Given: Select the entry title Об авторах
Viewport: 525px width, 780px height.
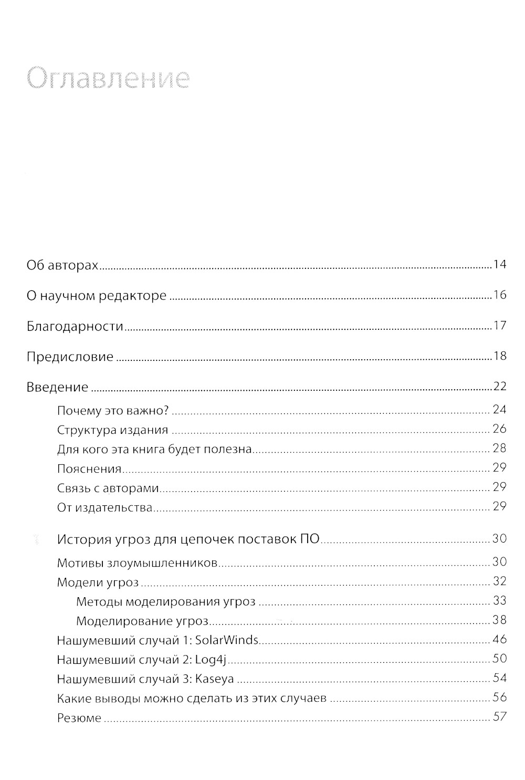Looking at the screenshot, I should coord(62,266).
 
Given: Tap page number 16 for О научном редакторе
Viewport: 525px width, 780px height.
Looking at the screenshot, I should coord(499,295).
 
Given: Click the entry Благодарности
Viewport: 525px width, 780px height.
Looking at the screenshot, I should coord(75,327).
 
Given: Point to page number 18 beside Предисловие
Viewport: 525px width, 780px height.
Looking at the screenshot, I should coord(499,356).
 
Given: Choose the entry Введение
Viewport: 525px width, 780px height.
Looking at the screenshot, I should coord(57,388).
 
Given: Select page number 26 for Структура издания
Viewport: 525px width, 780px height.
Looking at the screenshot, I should coord(499,429).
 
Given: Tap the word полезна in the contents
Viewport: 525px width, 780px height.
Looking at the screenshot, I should coord(228,449).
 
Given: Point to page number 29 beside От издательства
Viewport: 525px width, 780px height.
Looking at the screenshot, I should coord(499,506).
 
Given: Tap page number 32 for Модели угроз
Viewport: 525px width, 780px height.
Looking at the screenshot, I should coord(499,581).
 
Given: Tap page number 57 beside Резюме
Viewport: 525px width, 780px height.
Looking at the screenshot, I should coord(499,716).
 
